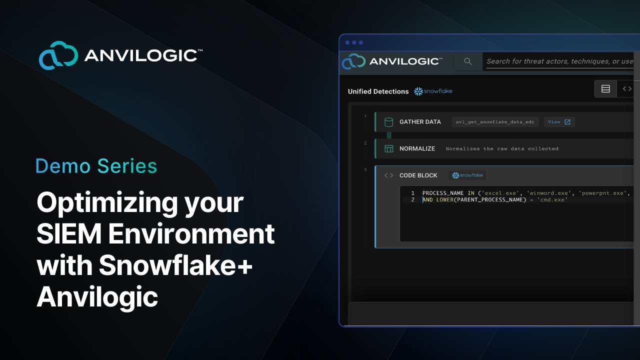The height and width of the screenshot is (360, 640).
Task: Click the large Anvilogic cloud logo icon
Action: pos(58,55)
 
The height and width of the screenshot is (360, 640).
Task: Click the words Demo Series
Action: pos(96,166)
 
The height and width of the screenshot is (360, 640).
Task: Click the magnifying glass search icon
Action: pos(468,61)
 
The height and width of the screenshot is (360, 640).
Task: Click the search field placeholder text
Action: pos(559,61)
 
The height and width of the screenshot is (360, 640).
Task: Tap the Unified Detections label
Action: pos(378,91)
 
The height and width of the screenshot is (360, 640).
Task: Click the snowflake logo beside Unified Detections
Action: pos(433,91)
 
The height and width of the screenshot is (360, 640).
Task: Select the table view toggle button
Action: pos(605,89)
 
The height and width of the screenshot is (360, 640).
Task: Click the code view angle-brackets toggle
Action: pos(627,89)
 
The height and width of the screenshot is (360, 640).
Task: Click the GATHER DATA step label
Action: pos(420,122)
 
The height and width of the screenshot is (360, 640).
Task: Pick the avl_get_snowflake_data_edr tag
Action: pos(495,122)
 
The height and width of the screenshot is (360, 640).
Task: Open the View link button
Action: pos(559,122)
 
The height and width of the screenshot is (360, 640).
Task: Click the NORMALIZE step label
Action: pos(417,148)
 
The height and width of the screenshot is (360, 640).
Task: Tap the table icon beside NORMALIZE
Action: pos(388,148)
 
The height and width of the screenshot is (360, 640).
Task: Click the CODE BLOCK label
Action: pos(418,175)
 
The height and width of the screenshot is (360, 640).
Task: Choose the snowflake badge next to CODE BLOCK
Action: pos(467,175)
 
